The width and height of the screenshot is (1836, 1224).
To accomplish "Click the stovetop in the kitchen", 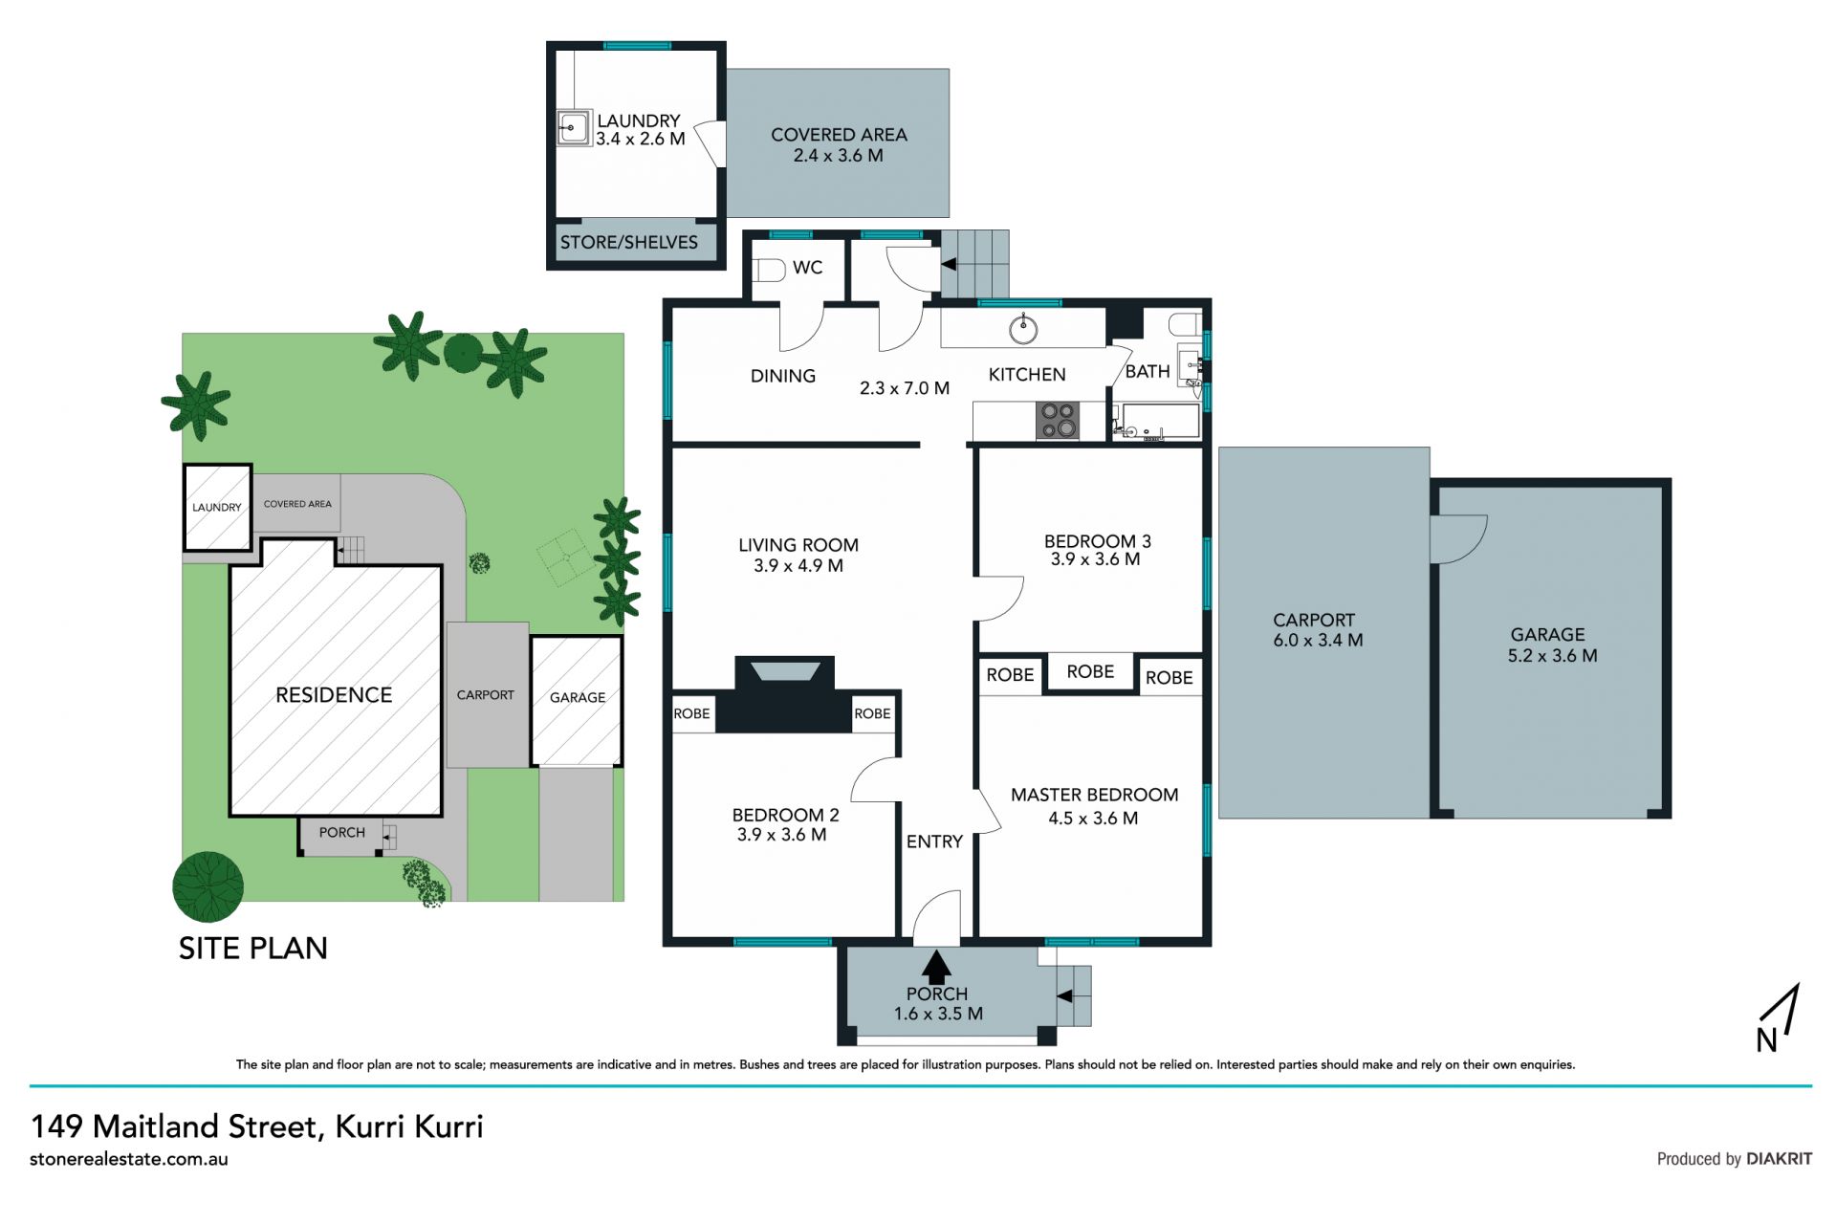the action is [1058, 421].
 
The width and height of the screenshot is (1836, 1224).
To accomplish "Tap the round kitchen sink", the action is [1024, 330].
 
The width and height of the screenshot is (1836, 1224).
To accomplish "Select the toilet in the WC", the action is [768, 271].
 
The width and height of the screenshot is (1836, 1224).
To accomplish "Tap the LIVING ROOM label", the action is [798, 545].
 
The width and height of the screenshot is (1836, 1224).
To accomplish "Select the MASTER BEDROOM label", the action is [1094, 795].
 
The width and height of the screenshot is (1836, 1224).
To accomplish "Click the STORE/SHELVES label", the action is [629, 242].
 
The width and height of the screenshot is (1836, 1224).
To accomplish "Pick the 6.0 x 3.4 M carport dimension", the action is [1318, 641].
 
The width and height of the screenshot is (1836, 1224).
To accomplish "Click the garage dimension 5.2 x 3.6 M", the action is [1552, 656].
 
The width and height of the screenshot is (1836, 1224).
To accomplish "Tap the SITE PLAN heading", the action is [253, 948].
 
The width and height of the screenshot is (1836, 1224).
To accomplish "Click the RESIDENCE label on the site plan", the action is [334, 695].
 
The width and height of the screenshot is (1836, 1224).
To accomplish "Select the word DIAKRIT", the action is [1779, 1158].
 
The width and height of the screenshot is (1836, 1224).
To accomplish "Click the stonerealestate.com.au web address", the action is [129, 1159].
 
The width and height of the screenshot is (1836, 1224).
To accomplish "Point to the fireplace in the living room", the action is [784, 694].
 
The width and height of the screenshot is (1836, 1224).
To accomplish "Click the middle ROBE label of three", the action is [1090, 672].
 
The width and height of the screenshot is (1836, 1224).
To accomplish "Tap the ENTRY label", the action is [934, 841].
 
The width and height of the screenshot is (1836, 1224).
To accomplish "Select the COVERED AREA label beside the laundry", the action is [839, 135].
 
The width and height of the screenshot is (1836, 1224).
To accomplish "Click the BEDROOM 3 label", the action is [1097, 541].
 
